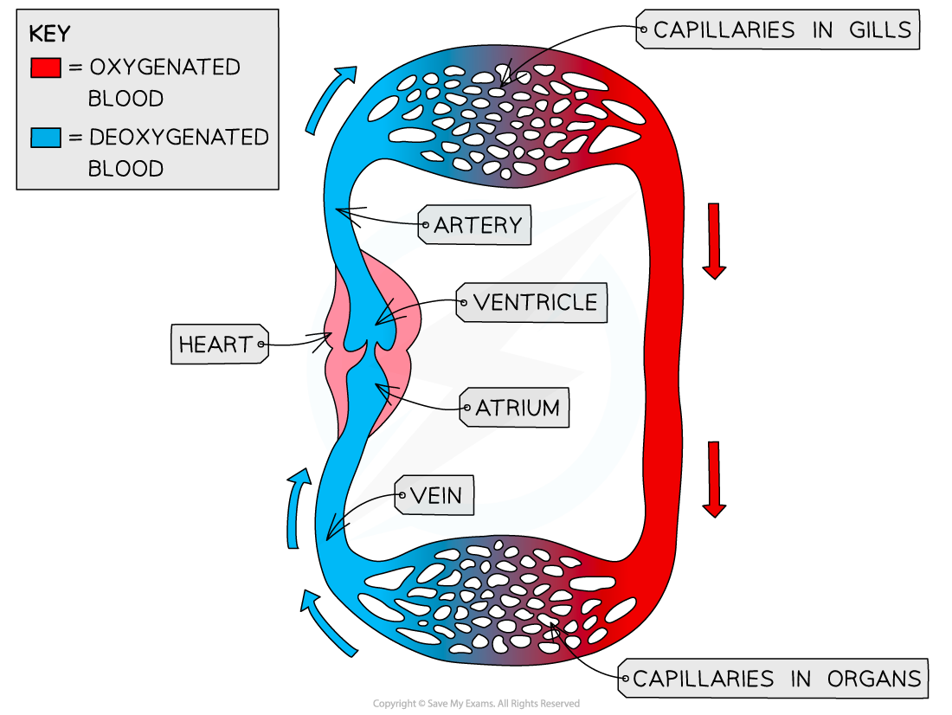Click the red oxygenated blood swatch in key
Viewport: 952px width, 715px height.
(x=45, y=68)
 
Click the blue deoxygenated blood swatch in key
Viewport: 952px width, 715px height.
(x=45, y=137)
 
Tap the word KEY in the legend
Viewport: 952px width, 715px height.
(x=49, y=35)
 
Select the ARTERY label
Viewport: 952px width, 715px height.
(x=477, y=226)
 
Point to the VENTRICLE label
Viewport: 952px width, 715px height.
(x=535, y=303)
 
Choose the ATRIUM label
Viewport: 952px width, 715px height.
(x=517, y=408)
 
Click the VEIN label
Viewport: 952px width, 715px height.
(x=435, y=496)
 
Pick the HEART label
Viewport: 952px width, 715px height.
(x=215, y=345)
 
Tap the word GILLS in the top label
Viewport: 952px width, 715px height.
(x=879, y=30)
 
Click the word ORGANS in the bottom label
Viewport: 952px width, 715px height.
(x=874, y=679)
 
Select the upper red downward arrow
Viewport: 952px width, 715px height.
(x=713, y=241)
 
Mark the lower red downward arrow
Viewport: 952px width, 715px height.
(x=713, y=479)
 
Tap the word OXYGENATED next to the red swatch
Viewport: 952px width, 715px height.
(x=164, y=68)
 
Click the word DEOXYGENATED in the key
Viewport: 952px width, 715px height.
(x=179, y=137)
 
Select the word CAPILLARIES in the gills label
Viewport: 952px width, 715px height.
(x=724, y=30)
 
